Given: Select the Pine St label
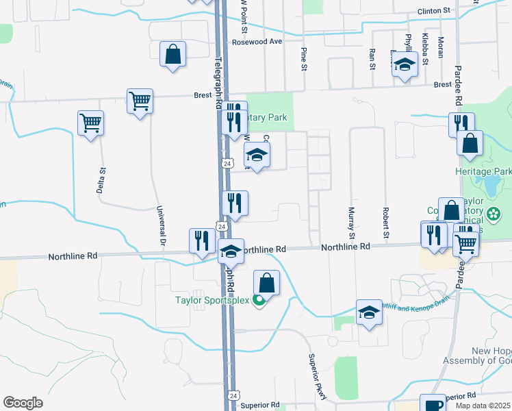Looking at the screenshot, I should tap(303, 58).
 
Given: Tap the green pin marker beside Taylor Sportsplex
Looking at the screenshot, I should tap(259, 300).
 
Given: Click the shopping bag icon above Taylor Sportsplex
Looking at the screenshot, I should tap(266, 282).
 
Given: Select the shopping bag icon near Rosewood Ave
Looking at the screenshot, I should tap(172, 54).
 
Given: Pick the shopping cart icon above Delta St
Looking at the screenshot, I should tap(90, 123).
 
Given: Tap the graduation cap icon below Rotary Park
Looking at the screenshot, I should tap(257, 155).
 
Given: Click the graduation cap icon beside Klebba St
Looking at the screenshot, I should tap(405, 64).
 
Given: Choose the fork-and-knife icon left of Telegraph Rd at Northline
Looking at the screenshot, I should tap(202, 240).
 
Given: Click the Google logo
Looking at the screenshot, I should tap(23, 403).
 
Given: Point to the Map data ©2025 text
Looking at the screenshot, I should tap(483, 406).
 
